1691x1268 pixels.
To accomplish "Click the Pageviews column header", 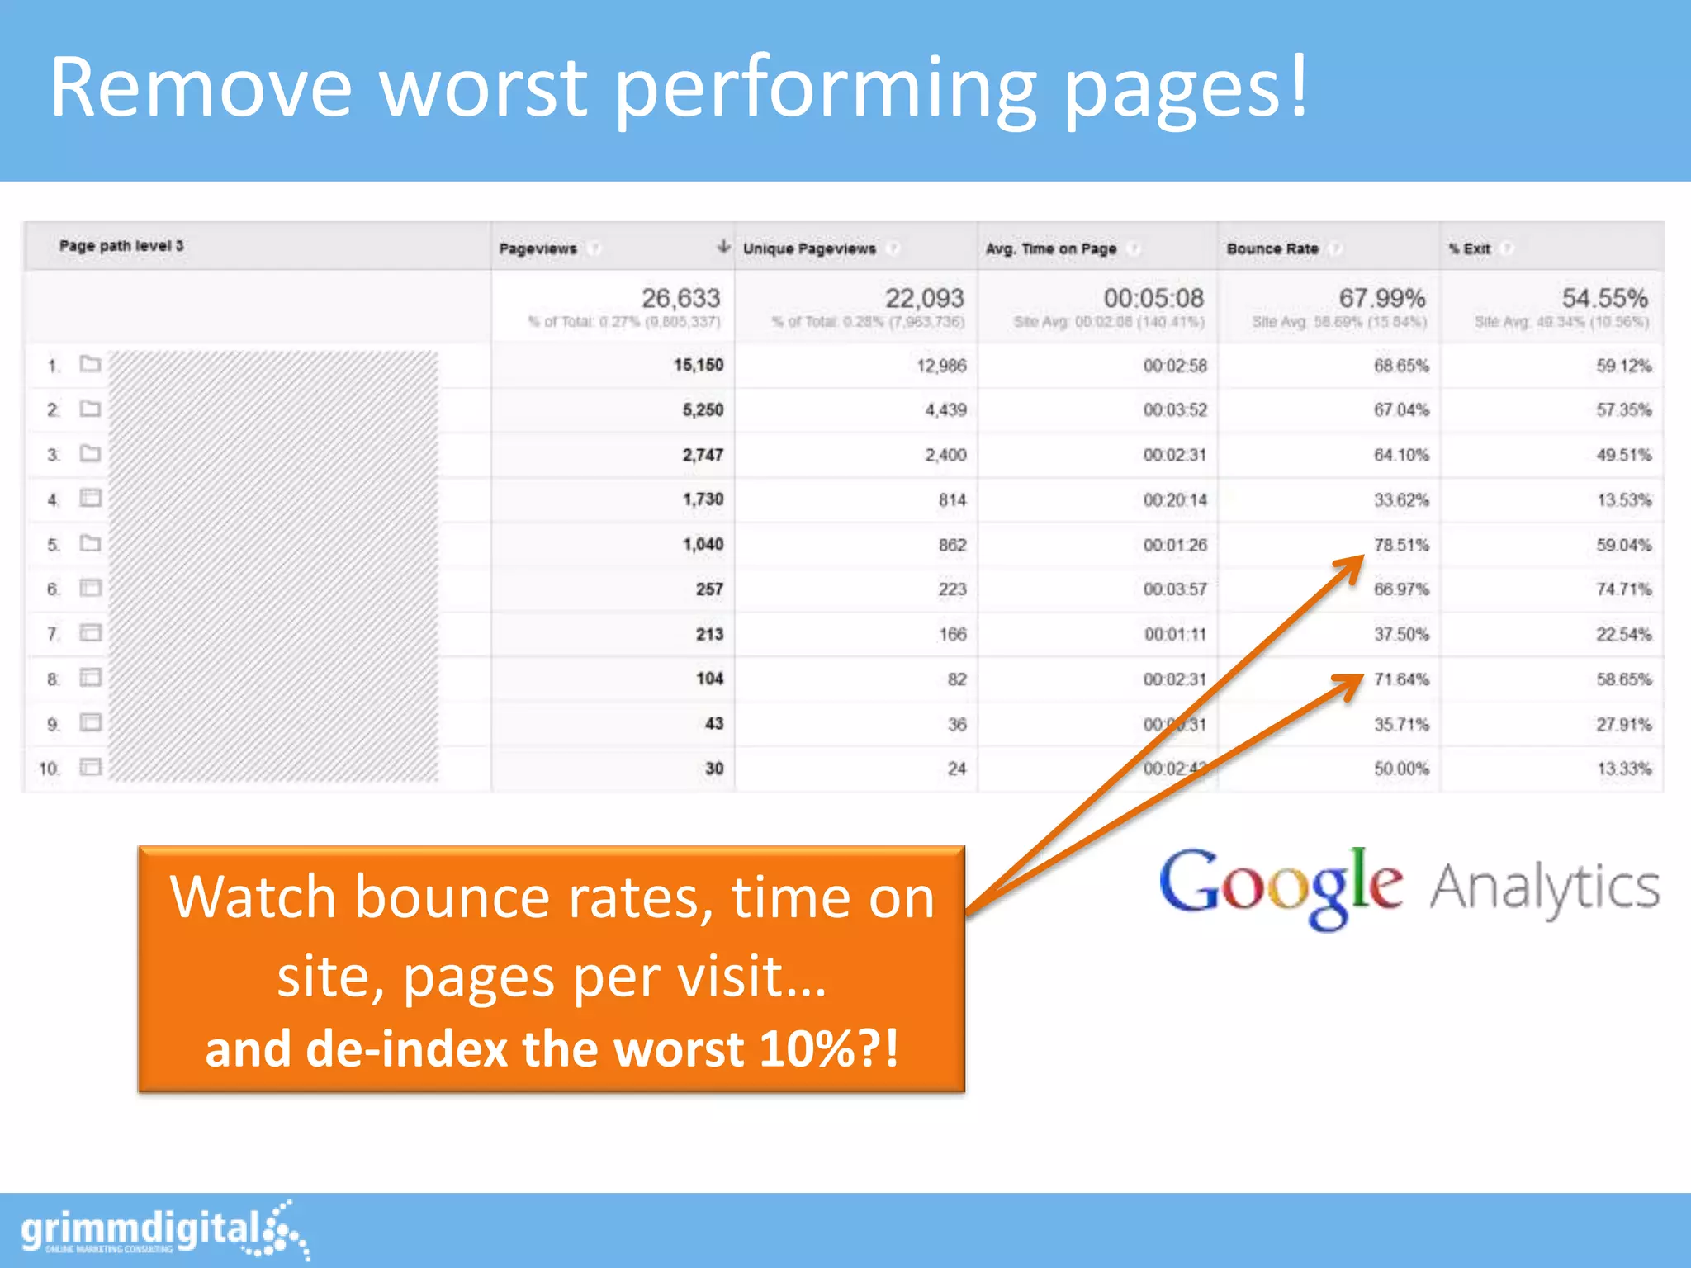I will [x=538, y=248].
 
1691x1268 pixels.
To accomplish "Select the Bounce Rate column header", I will [x=1272, y=248].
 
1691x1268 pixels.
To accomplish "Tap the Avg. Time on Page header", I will [x=1050, y=248].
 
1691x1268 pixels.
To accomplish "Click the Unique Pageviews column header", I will [x=809, y=248].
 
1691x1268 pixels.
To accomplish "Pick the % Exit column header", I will [x=1470, y=248].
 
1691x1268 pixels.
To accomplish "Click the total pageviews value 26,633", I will [x=680, y=298].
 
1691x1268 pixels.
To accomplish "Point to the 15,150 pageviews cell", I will [x=698, y=365].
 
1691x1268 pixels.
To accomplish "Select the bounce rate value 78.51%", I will [x=1401, y=545].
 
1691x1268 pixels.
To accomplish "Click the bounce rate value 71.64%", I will [x=1401, y=679].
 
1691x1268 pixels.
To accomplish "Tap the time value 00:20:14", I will [x=1175, y=500].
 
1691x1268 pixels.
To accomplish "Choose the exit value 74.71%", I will [x=1623, y=589].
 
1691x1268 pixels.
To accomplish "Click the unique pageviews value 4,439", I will [x=945, y=410].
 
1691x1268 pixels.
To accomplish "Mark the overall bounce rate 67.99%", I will [x=1382, y=298].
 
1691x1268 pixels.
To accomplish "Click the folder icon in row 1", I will [x=90, y=364].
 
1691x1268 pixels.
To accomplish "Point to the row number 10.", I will [x=49, y=769].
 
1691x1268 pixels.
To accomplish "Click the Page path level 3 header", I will [x=121, y=246].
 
